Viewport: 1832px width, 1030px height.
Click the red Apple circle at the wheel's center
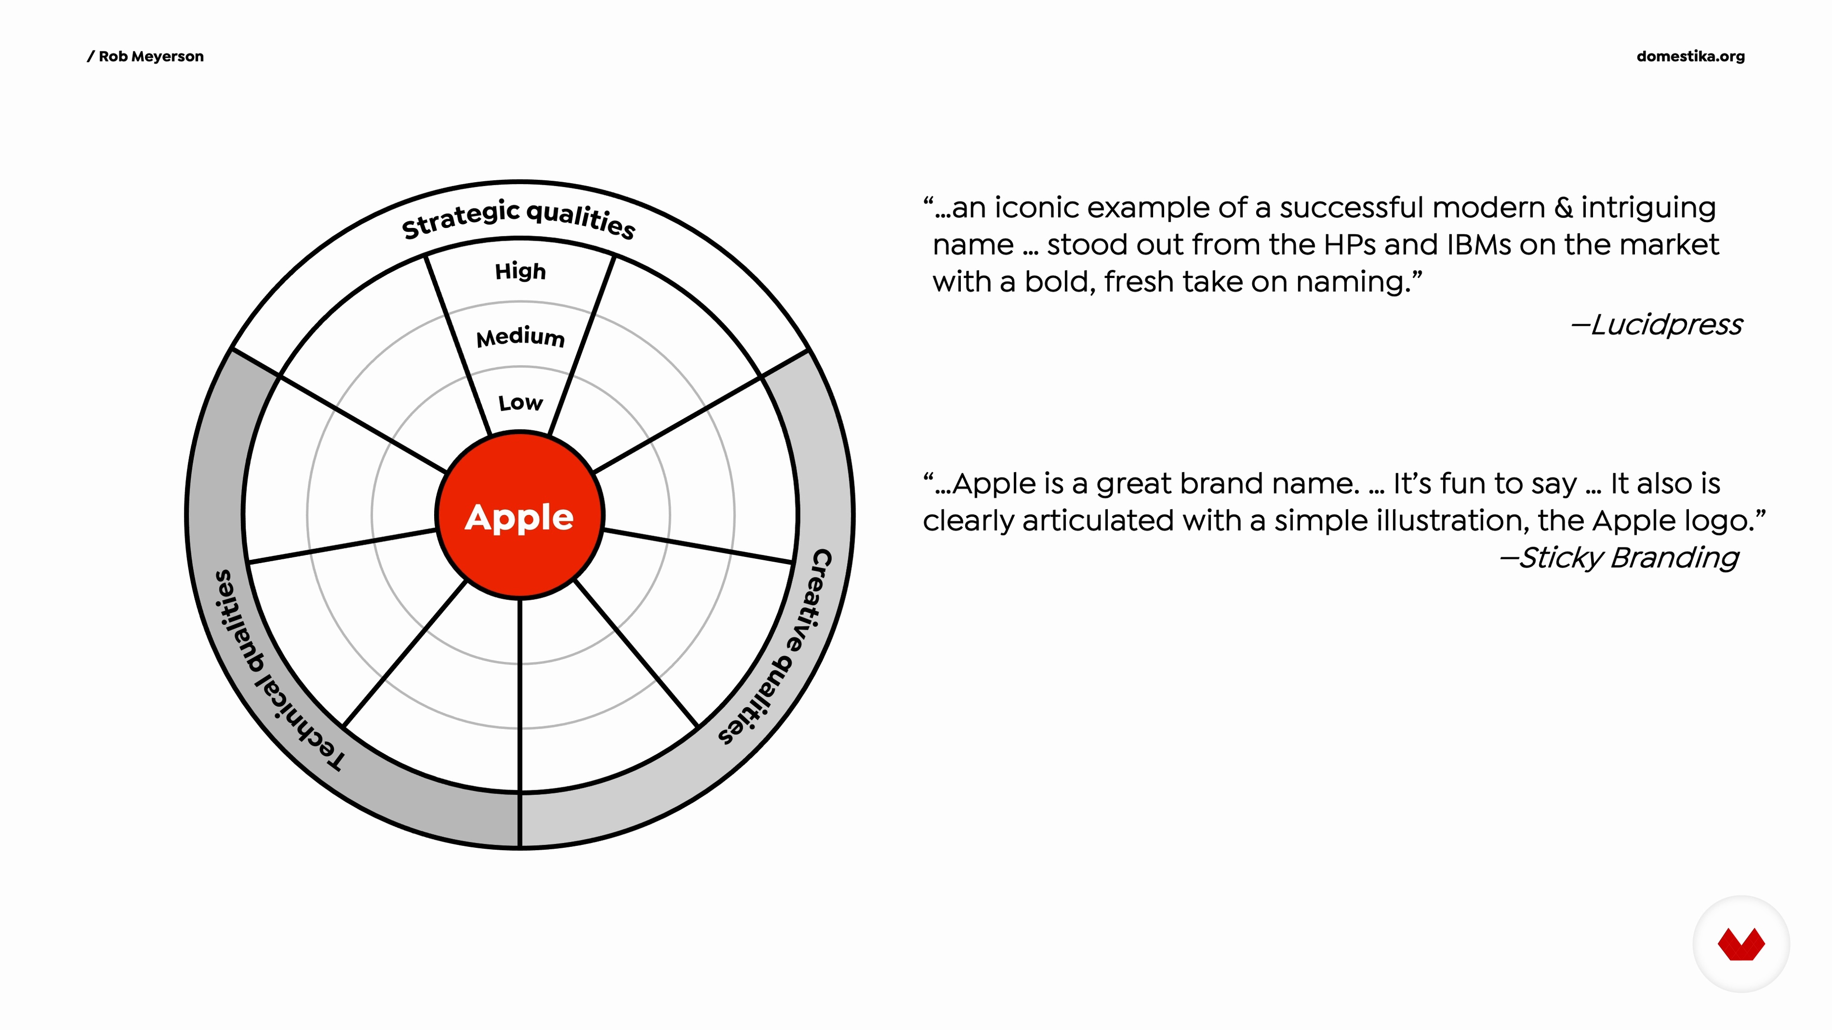520,515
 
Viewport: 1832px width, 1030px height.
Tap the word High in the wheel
520,271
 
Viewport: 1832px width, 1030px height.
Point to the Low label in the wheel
520,403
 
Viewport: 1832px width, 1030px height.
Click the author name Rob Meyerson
151,56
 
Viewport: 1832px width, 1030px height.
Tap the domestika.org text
1690,56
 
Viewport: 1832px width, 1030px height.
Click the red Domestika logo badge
1741,944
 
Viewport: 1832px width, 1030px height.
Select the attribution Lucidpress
1657,324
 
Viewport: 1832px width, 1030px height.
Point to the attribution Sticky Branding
1619,557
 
